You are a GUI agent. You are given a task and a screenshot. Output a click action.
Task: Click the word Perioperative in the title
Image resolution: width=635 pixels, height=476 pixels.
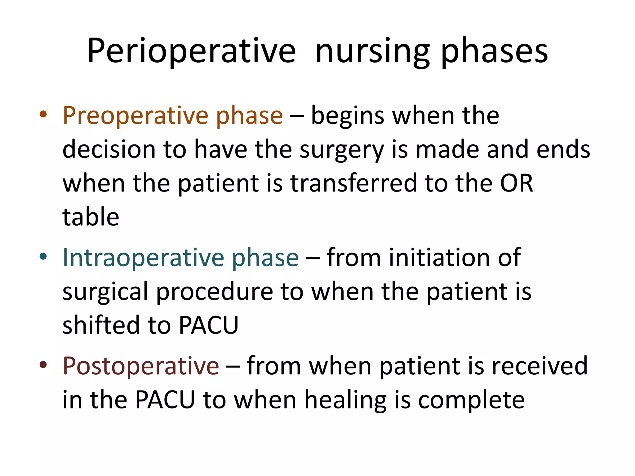tap(191, 51)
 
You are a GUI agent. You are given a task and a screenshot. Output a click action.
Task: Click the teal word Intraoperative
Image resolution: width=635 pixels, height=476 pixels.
tap(143, 258)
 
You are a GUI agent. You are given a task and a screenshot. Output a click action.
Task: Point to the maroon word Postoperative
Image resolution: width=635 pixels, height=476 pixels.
tap(141, 366)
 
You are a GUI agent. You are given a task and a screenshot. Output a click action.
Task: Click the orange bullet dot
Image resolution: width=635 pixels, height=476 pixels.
tap(43, 114)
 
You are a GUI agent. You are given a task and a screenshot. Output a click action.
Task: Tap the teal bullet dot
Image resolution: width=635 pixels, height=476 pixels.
tap(43, 256)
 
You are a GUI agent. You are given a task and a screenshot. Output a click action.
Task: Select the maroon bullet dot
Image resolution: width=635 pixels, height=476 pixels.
tap(43, 364)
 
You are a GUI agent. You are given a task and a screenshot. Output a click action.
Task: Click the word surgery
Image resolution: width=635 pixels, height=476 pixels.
tap(341, 150)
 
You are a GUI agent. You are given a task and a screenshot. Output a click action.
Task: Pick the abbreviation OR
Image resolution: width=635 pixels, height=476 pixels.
tap(516, 183)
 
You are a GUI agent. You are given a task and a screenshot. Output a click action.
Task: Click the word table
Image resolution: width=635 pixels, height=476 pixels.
tap(91, 217)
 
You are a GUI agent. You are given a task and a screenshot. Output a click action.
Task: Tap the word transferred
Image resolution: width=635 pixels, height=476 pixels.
tap(353, 183)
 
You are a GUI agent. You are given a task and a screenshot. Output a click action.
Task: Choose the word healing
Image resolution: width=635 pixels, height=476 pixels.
tap(345, 400)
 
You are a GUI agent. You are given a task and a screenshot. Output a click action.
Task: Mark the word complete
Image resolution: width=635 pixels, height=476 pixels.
tap(471, 400)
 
